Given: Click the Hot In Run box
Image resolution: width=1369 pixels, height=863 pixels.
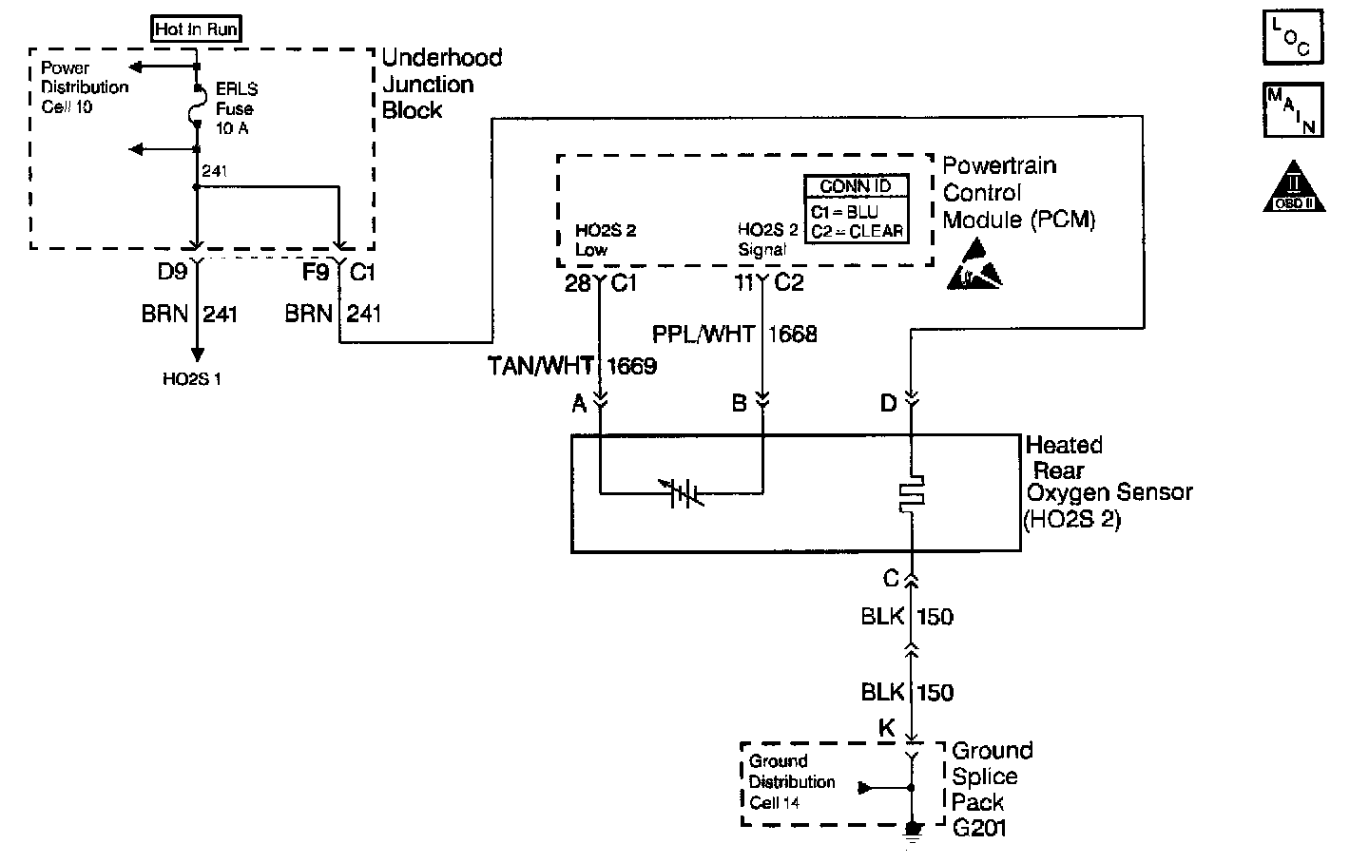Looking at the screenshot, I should [x=197, y=29].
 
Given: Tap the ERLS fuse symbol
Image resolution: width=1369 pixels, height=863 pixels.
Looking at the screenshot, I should [x=198, y=105].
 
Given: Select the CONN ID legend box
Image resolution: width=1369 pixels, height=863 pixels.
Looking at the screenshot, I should [x=856, y=209].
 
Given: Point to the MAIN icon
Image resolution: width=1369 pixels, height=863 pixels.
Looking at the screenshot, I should [x=1292, y=109].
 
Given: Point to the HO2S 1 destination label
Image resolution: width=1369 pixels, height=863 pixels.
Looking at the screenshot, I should [x=191, y=378].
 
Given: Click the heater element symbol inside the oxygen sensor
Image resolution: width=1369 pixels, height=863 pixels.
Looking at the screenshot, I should [x=911, y=493].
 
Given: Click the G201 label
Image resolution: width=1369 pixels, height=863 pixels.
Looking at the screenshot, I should [x=979, y=827].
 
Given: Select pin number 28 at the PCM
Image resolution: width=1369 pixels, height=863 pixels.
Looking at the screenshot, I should [x=577, y=282].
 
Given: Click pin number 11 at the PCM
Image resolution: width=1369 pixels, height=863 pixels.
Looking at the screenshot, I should [x=744, y=282].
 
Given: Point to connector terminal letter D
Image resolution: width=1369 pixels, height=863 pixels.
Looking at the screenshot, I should [x=888, y=404].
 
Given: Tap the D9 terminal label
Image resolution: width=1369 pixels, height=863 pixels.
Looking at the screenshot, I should [x=172, y=273].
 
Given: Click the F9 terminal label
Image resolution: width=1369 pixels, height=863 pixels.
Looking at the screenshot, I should [x=315, y=273].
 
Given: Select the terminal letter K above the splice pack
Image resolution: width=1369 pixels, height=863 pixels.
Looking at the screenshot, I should [x=886, y=729].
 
